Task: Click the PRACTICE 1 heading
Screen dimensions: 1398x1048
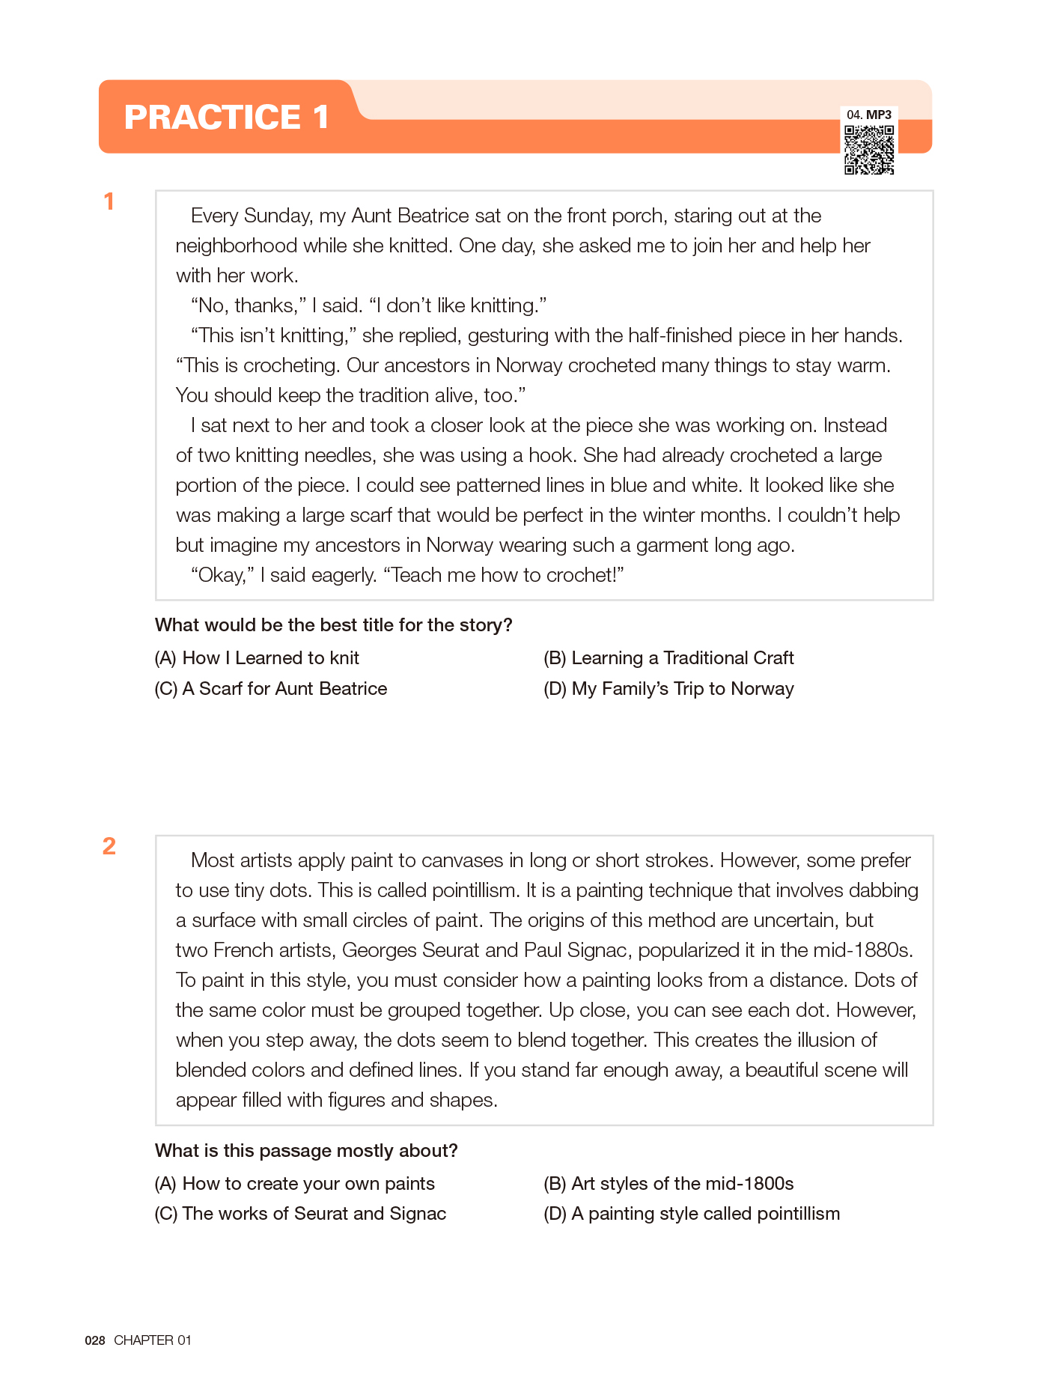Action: click(226, 117)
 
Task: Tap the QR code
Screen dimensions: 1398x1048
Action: click(869, 150)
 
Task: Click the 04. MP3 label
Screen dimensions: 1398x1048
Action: click(869, 115)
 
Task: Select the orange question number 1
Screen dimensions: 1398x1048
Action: click(109, 201)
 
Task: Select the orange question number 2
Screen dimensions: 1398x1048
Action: click(109, 846)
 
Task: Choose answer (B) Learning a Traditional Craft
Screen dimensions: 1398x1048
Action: click(668, 658)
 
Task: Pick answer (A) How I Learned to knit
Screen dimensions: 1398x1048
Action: click(257, 658)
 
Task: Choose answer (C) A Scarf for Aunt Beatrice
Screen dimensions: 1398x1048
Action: click(271, 689)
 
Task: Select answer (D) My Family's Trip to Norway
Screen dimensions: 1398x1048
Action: click(668, 689)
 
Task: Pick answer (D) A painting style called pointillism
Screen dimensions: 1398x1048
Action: click(692, 1214)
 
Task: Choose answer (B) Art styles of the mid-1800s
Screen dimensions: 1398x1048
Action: click(668, 1184)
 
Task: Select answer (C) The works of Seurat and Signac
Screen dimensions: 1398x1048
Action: click(300, 1214)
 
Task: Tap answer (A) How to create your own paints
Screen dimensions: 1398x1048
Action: click(294, 1184)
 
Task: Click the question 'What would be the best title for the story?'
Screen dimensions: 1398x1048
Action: click(333, 625)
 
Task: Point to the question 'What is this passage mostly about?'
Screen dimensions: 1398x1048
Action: click(306, 1151)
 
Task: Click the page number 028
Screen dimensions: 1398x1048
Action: click(95, 1340)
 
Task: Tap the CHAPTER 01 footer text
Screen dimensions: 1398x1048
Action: click(153, 1340)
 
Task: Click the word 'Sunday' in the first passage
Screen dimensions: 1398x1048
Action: click(275, 216)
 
